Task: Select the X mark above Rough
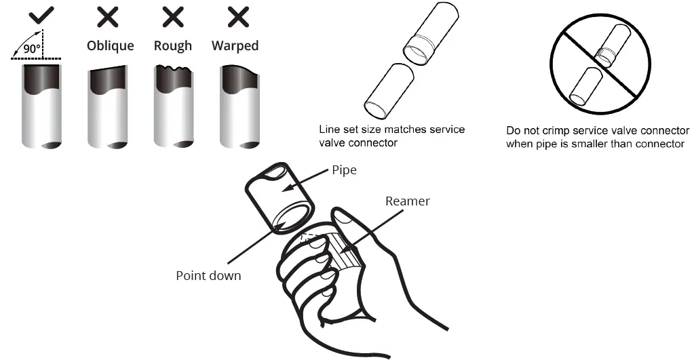click(x=172, y=17)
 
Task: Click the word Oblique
click(x=110, y=46)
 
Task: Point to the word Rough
click(x=173, y=46)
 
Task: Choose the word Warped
click(x=235, y=46)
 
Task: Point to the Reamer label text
click(x=407, y=201)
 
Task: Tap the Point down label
click(x=208, y=275)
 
